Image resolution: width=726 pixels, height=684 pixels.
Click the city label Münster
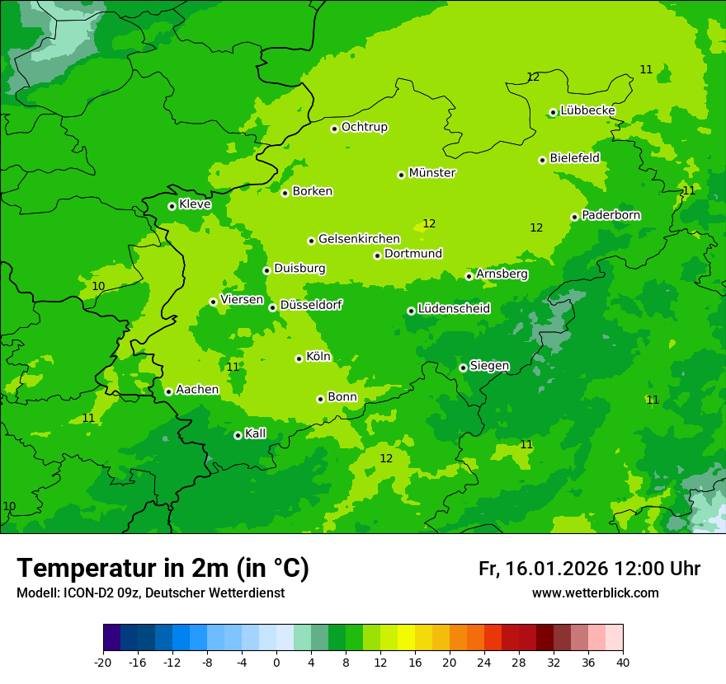[431, 173]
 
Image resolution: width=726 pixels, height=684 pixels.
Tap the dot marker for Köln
[299, 358]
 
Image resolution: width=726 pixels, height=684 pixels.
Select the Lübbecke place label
[587, 110]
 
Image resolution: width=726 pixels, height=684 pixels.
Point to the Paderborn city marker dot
[574, 217]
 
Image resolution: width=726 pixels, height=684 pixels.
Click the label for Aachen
[197, 390]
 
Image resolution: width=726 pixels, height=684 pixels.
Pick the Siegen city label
[489, 366]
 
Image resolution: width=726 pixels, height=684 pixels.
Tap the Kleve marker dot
[172, 206]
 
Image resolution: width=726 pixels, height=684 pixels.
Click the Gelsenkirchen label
[359, 239]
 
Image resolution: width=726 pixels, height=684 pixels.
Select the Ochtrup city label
[364, 127]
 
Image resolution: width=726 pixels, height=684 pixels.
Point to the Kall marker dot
[238, 435]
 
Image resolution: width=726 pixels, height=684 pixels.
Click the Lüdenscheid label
[454, 309]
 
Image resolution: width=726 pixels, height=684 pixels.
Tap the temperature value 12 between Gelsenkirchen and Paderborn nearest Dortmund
[429, 223]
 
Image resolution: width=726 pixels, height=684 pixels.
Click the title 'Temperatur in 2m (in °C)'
[163, 568]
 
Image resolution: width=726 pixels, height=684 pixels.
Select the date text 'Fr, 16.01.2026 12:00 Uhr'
[589, 569]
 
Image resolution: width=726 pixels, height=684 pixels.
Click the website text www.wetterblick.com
[595, 593]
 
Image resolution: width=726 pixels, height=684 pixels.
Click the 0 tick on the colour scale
[276, 662]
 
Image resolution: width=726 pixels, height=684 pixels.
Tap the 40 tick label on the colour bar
[622, 662]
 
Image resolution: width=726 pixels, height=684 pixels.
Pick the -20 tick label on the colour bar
[102, 662]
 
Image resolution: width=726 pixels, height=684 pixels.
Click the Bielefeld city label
[574, 157]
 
